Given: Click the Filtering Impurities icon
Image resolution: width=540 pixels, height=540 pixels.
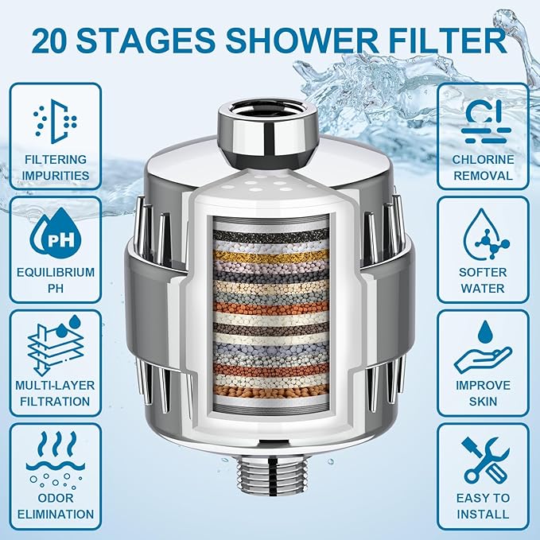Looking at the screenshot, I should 55,119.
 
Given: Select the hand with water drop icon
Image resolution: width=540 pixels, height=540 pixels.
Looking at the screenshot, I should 484,347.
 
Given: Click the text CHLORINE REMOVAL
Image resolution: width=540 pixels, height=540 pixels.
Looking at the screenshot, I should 484,167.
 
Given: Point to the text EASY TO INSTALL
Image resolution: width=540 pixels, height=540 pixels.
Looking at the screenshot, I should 484,506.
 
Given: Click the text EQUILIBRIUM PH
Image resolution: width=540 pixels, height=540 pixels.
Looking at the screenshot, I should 55,281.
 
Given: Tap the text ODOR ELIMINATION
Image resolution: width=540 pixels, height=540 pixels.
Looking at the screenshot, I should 55,506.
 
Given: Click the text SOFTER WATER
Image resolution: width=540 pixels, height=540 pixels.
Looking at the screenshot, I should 484,280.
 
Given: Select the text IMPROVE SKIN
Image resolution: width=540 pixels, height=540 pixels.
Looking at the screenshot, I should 484,394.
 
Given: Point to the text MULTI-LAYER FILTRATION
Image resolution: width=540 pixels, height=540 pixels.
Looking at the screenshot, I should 55,394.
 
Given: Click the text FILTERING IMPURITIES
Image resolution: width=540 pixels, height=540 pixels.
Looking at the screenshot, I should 55,167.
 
